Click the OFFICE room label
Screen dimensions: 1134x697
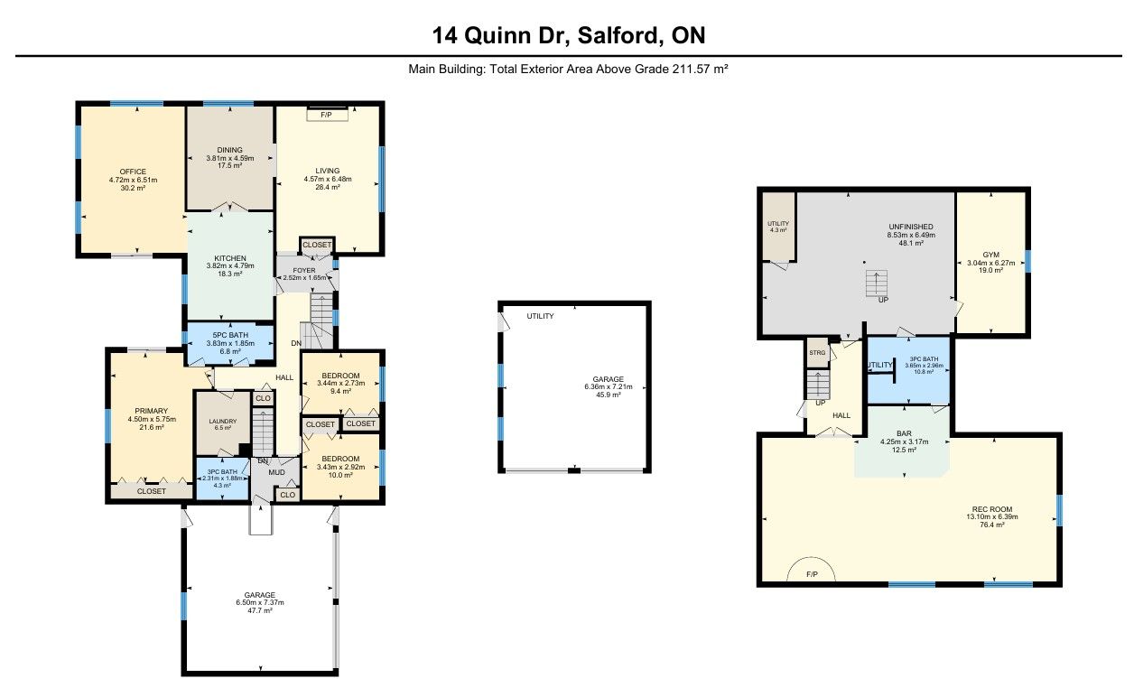click(133, 172)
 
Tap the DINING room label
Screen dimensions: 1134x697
click(230, 150)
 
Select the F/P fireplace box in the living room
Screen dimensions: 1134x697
click(327, 115)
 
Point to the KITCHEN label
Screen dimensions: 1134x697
click(230, 258)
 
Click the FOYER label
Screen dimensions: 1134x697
click(303, 270)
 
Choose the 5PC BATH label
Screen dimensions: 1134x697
click(230, 335)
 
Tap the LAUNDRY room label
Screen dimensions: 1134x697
click(223, 421)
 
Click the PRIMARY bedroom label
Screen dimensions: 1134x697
click(152, 411)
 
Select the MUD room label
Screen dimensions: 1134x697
click(276, 472)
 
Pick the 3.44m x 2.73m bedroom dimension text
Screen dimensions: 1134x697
click(340, 383)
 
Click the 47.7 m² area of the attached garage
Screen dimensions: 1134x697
click(260, 610)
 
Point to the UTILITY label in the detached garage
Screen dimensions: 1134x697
click(540, 316)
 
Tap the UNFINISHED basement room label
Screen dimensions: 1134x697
click(911, 227)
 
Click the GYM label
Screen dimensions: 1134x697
click(990, 256)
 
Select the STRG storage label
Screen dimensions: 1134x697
click(817, 353)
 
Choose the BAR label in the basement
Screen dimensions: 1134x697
click(904, 433)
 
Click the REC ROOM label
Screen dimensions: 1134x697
click(992, 509)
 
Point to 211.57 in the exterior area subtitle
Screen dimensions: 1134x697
click(691, 69)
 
